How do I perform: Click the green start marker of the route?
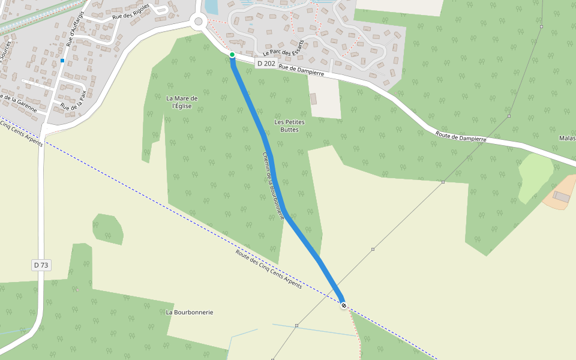coord(232,55)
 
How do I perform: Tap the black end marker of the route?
coord(343,305)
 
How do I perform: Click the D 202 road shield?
coord(266,64)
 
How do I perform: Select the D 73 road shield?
coord(41,265)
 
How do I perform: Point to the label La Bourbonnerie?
coord(190,313)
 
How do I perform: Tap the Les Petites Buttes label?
coord(289,125)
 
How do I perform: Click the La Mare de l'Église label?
coord(182,102)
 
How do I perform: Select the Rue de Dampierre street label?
coord(302,70)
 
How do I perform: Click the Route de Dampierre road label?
coord(461,137)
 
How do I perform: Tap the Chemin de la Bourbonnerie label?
coord(273,185)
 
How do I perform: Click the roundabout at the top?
coord(199,22)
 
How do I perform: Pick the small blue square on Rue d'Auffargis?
coord(62,61)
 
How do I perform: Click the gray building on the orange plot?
coord(562,197)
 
